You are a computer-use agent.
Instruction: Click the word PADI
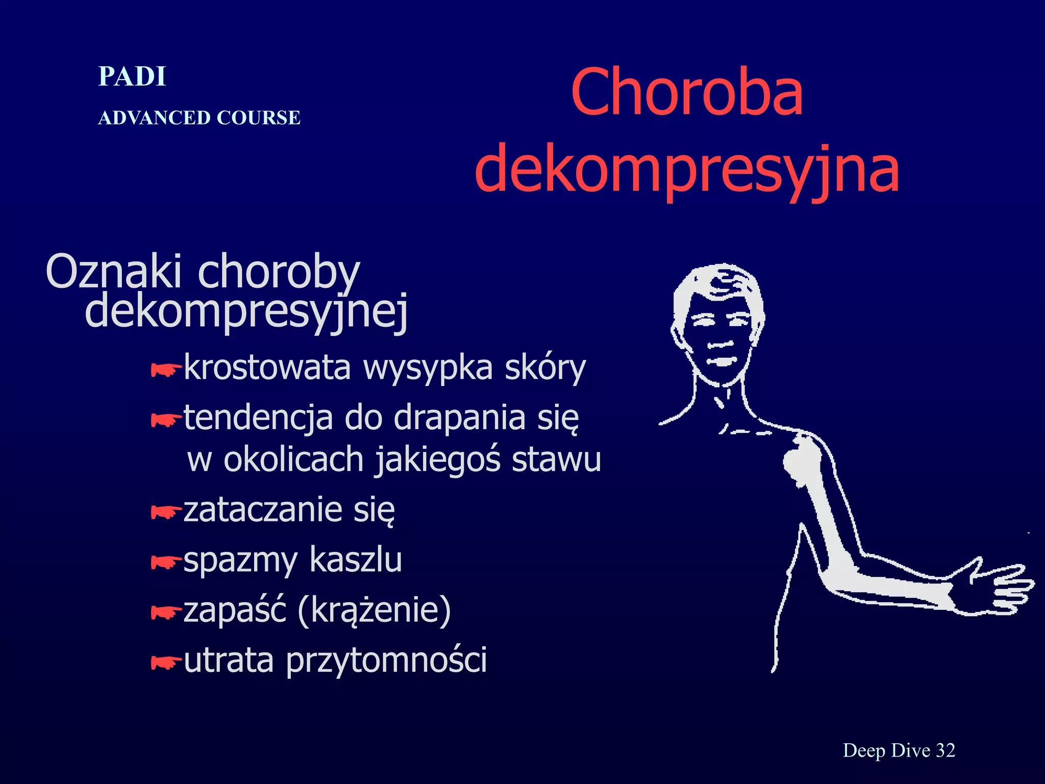132,77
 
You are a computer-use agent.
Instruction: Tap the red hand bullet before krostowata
166,370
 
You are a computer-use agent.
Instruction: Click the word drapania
459,418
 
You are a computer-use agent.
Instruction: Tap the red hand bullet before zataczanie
166,511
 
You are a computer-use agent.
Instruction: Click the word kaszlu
356,560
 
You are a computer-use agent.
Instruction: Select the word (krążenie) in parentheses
374,610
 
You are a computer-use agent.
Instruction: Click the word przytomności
386,660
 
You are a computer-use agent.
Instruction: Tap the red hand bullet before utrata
166,663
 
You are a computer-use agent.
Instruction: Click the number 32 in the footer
945,750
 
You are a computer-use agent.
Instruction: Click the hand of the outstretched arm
995,587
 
